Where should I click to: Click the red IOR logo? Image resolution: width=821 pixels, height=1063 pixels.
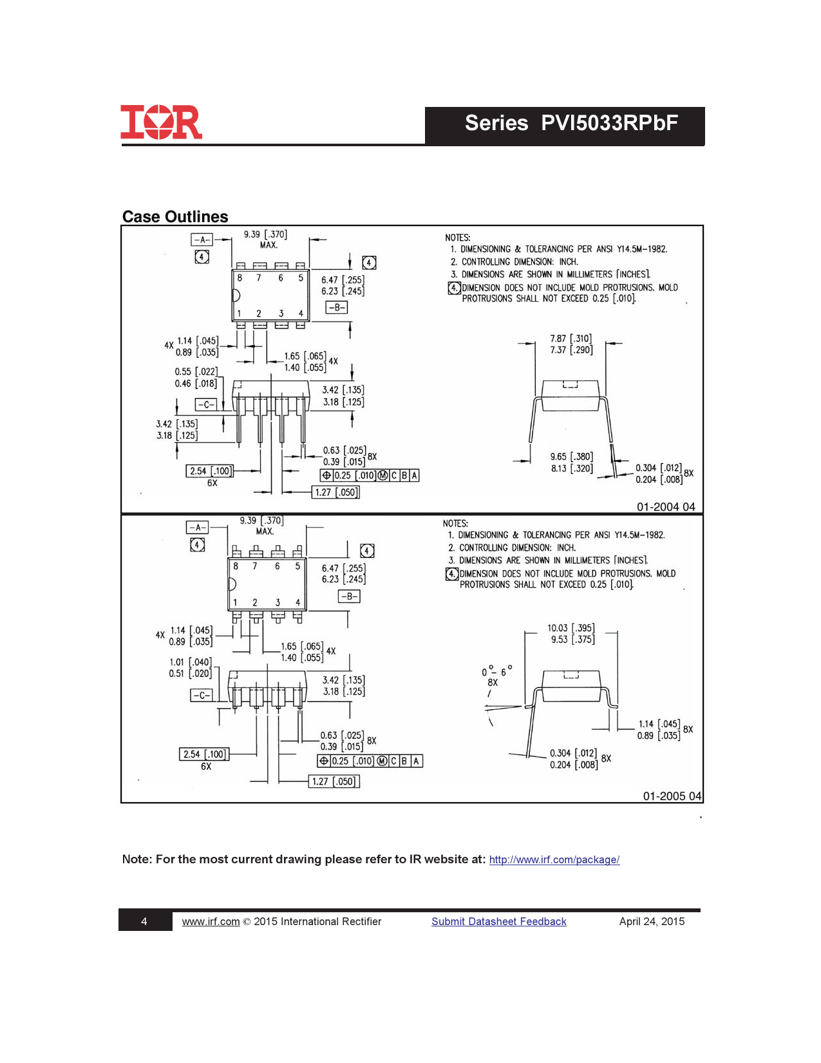[162, 122]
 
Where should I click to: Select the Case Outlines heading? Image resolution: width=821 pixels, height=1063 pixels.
[175, 216]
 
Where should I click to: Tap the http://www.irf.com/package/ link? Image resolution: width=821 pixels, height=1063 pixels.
[554, 859]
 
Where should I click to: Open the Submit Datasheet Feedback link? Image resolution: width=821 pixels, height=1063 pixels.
[499, 921]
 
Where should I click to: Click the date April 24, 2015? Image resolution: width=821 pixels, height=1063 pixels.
[652, 921]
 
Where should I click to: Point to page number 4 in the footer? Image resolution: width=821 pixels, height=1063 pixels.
[144, 922]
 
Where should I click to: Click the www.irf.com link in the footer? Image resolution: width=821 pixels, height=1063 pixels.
[211, 921]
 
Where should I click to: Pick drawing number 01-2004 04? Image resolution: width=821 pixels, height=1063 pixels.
[666, 507]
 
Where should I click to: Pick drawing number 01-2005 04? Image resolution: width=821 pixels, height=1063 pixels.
[672, 796]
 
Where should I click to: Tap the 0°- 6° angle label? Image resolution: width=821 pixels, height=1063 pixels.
[497, 671]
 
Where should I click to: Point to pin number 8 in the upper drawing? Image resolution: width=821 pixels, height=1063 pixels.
[240, 278]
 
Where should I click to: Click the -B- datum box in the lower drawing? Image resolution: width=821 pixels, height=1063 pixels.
[349, 597]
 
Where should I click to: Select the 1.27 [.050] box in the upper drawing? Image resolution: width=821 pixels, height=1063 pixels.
[336, 492]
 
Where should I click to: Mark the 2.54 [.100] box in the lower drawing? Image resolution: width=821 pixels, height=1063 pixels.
[204, 754]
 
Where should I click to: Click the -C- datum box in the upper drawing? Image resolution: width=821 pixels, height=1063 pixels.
[206, 405]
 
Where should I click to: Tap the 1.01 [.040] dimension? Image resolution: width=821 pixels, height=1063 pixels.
[191, 662]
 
